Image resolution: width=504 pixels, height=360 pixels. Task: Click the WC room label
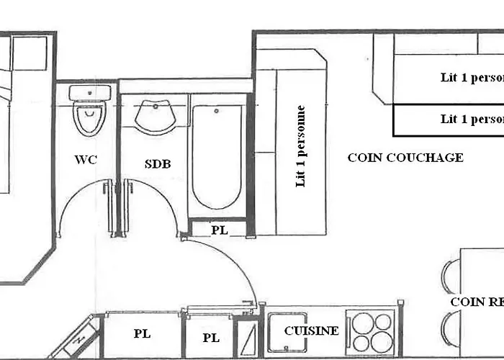pos(86,160)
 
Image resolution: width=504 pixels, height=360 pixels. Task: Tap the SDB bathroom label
pos(158,163)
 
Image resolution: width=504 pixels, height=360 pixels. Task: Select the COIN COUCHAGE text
pos(405,158)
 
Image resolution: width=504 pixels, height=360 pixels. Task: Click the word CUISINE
pos(311,330)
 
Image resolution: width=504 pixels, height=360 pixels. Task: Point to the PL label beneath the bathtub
pos(220,230)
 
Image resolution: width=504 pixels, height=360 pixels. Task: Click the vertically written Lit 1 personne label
pos(301,146)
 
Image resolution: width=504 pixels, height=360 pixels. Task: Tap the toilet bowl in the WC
pos(90,120)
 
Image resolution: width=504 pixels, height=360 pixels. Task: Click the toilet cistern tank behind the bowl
pos(90,93)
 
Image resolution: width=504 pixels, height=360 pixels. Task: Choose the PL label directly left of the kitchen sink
pos(210,337)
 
